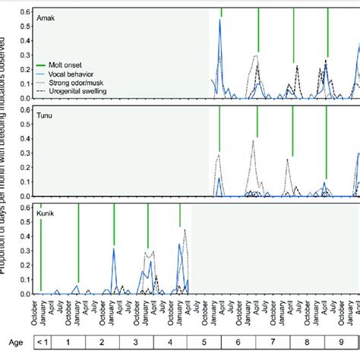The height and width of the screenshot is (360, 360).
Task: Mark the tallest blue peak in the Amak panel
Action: click(220, 21)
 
